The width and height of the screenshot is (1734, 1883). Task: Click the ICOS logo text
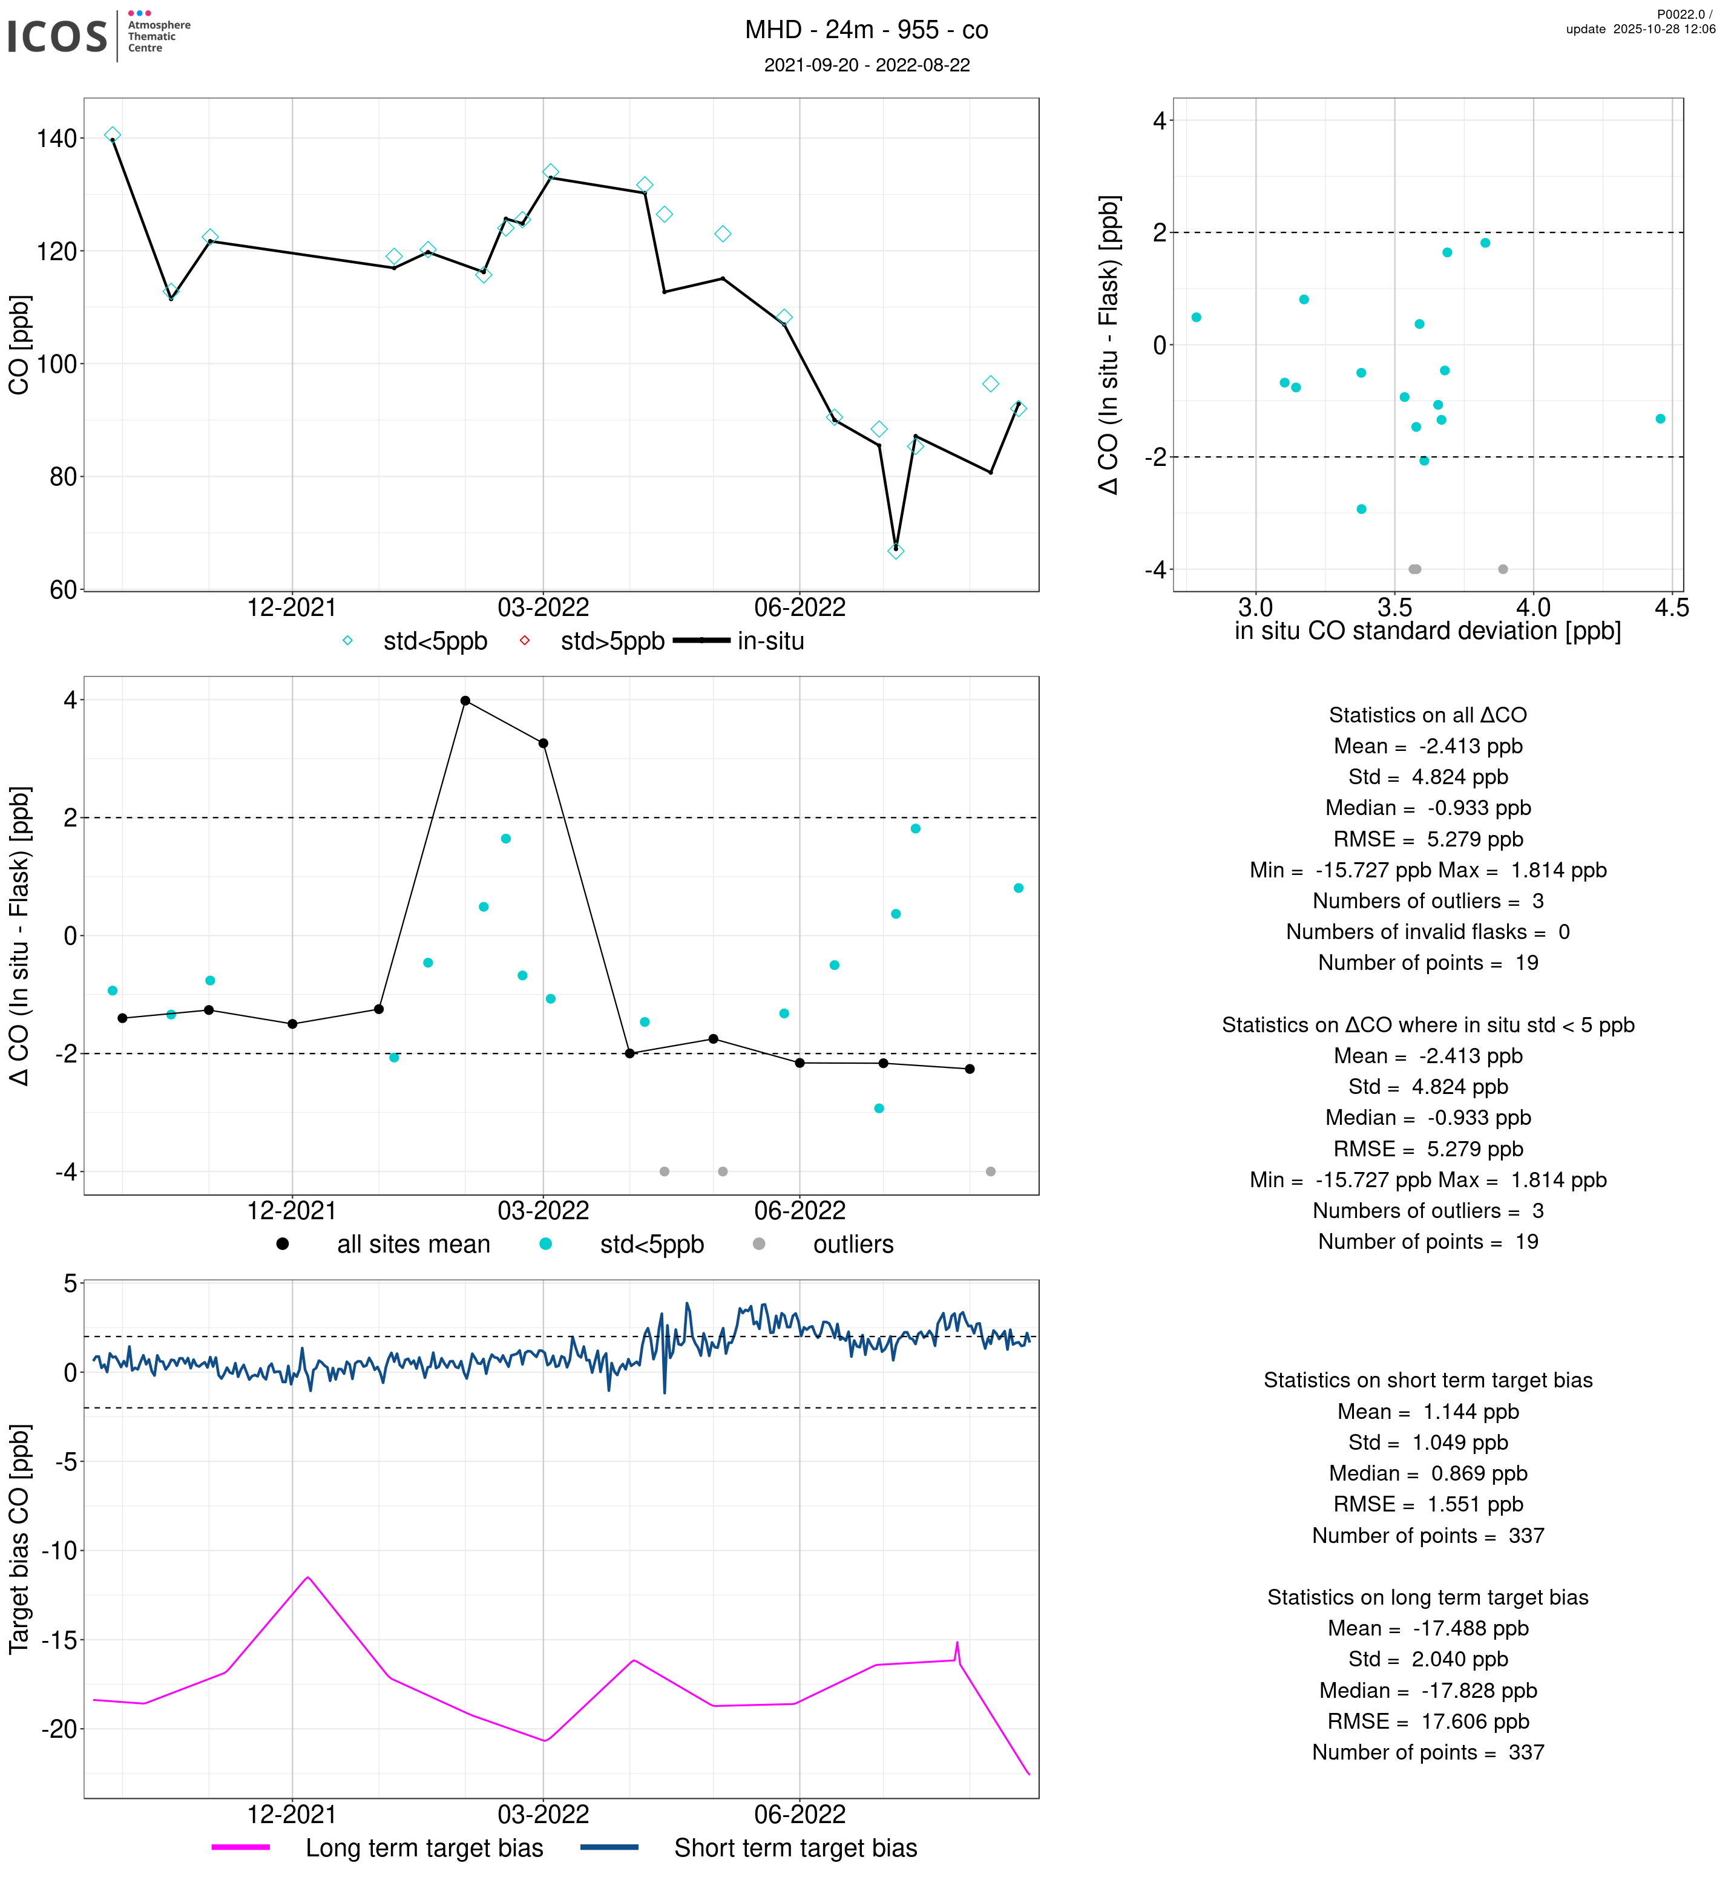pyautogui.click(x=57, y=36)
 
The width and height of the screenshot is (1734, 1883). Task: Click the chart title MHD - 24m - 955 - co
pyautogui.click(x=866, y=30)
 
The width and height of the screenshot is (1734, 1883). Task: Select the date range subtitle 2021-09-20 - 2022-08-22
pyautogui.click(x=866, y=65)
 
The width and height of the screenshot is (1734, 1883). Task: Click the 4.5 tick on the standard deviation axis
pyautogui.click(x=1671, y=608)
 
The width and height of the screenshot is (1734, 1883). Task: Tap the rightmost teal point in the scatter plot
pyautogui.click(x=1660, y=419)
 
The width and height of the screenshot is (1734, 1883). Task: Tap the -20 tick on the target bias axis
pyautogui.click(x=59, y=1729)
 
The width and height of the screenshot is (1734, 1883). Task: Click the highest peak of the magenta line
pyautogui.click(x=308, y=1577)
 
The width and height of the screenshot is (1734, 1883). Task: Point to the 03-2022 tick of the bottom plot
pyautogui.click(x=544, y=1813)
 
